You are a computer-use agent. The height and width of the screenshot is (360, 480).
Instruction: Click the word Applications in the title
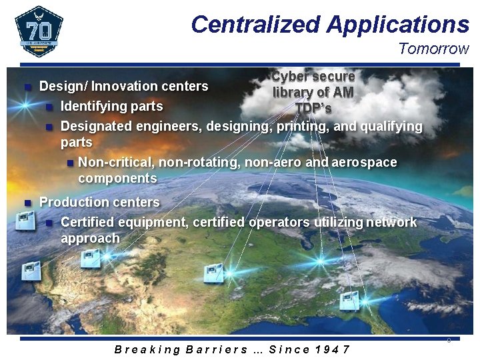[398, 25]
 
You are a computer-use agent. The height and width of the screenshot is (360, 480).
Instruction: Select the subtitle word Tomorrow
[433, 49]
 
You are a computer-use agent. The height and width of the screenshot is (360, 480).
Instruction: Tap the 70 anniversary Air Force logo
[39, 31]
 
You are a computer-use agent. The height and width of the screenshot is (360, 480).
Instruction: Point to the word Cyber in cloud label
[291, 77]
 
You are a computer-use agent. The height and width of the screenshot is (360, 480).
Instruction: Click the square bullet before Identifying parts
[49, 107]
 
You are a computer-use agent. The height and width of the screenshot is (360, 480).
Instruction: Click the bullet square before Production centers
[27, 202]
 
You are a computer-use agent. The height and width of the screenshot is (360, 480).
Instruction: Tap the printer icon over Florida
[349, 301]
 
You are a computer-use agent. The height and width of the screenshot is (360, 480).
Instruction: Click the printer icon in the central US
[214, 273]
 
